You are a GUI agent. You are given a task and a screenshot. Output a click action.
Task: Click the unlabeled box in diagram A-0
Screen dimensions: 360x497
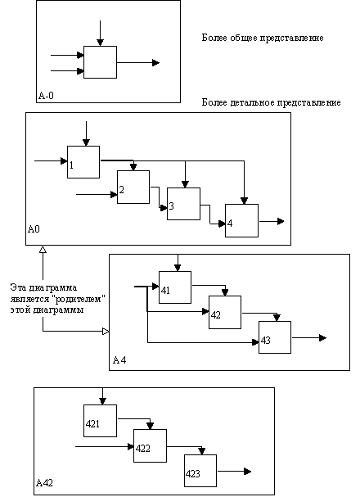[x=100, y=62]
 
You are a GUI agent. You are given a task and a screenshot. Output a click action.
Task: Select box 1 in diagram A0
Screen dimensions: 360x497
[x=83, y=162]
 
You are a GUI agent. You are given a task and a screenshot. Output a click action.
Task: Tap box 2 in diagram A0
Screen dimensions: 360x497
[x=133, y=187]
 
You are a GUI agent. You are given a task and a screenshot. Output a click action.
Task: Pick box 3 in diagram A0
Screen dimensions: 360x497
[x=183, y=204]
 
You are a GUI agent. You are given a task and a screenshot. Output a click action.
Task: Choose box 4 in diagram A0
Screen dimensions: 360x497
[x=241, y=220]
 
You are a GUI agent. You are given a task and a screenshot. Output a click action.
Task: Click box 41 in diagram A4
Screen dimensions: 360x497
[x=175, y=287]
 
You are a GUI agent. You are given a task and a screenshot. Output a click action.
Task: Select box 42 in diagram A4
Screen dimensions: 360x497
[x=225, y=312]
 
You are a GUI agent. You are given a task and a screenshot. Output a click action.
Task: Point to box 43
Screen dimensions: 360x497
[x=275, y=337]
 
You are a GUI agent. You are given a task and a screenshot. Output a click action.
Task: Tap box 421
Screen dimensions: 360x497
[x=100, y=421]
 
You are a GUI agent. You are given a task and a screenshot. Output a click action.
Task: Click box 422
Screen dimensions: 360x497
[x=150, y=445]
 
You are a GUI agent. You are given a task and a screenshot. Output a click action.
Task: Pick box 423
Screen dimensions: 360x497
[x=200, y=471]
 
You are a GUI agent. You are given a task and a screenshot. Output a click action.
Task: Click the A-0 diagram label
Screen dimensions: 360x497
[x=46, y=96]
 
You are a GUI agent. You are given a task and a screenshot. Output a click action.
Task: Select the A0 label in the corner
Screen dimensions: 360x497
[x=34, y=228]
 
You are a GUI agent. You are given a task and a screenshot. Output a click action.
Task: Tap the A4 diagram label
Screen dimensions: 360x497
[x=119, y=360]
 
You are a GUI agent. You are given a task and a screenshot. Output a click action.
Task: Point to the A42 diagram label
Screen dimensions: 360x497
[x=44, y=483]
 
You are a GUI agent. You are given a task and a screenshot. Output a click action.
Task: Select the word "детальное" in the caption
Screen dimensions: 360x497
[x=252, y=102]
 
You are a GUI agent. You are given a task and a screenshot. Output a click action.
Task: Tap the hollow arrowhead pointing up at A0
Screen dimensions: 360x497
[x=43, y=250]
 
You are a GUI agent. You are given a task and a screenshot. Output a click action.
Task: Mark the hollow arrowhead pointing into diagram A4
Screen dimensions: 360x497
[x=106, y=332]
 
